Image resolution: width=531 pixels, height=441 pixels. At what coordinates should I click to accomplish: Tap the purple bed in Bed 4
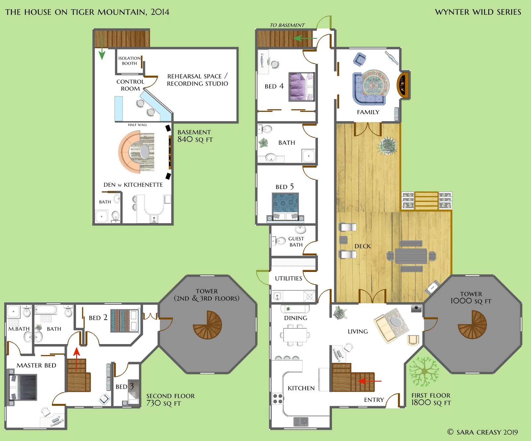[x=301, y=87]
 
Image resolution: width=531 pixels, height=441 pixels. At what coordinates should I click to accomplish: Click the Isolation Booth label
[x=129, y=61]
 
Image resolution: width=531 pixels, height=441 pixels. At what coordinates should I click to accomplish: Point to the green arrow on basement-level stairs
[x=102, y=47]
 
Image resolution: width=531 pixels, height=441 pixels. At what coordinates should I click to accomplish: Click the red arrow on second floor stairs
[x=77, y=359]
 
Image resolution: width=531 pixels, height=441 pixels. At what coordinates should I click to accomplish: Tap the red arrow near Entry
[x=370, y=381]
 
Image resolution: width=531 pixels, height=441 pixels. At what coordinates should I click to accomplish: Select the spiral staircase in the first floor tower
[x=472, y=325]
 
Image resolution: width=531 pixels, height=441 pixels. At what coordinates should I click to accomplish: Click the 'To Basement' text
[x=287, y=25]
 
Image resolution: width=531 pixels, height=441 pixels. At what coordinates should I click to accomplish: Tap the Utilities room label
[x=288, y=279]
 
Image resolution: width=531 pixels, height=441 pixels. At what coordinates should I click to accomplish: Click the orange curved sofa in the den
[x=128, y=152]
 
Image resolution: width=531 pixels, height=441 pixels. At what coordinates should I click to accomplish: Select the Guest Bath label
[x=296, y=242]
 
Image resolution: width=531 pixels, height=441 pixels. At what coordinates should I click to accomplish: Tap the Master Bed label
[x=37, y=365]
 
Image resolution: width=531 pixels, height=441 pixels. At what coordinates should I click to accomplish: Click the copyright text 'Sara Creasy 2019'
[x=483, y=432]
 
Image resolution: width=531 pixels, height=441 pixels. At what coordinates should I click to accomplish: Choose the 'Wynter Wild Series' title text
[x=478, y=12]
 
